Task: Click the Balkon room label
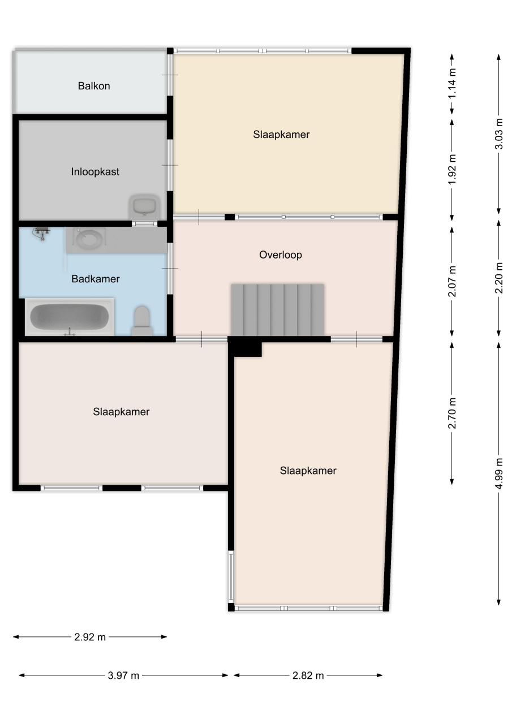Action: (x=94, y=85)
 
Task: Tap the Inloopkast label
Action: (x=95, y=171)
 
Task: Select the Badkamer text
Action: (x=96, y=279)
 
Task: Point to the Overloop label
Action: (x=281, y=255)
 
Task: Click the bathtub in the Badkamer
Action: (x=70, y=317)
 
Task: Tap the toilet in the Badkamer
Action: (x=142, y=320)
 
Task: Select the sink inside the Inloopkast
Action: (x=144, y=206)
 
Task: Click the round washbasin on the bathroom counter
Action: (x=87, y=239)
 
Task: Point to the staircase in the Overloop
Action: (x=278, y=310)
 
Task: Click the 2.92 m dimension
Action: (x=90, y=637)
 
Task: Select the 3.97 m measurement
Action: (x=123, y=675)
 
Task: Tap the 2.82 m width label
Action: (x=308, y=675)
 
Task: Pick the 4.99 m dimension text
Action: (x=499, y=473)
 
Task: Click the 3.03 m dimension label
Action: (x=499, y=133)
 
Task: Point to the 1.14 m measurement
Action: (x=452, y=84)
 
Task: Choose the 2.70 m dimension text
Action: (x=452, y=413)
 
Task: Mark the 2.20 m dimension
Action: (x=499, y=278)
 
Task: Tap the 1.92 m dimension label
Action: (x=452, y=169)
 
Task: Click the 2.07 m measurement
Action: (x=452, y=281)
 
